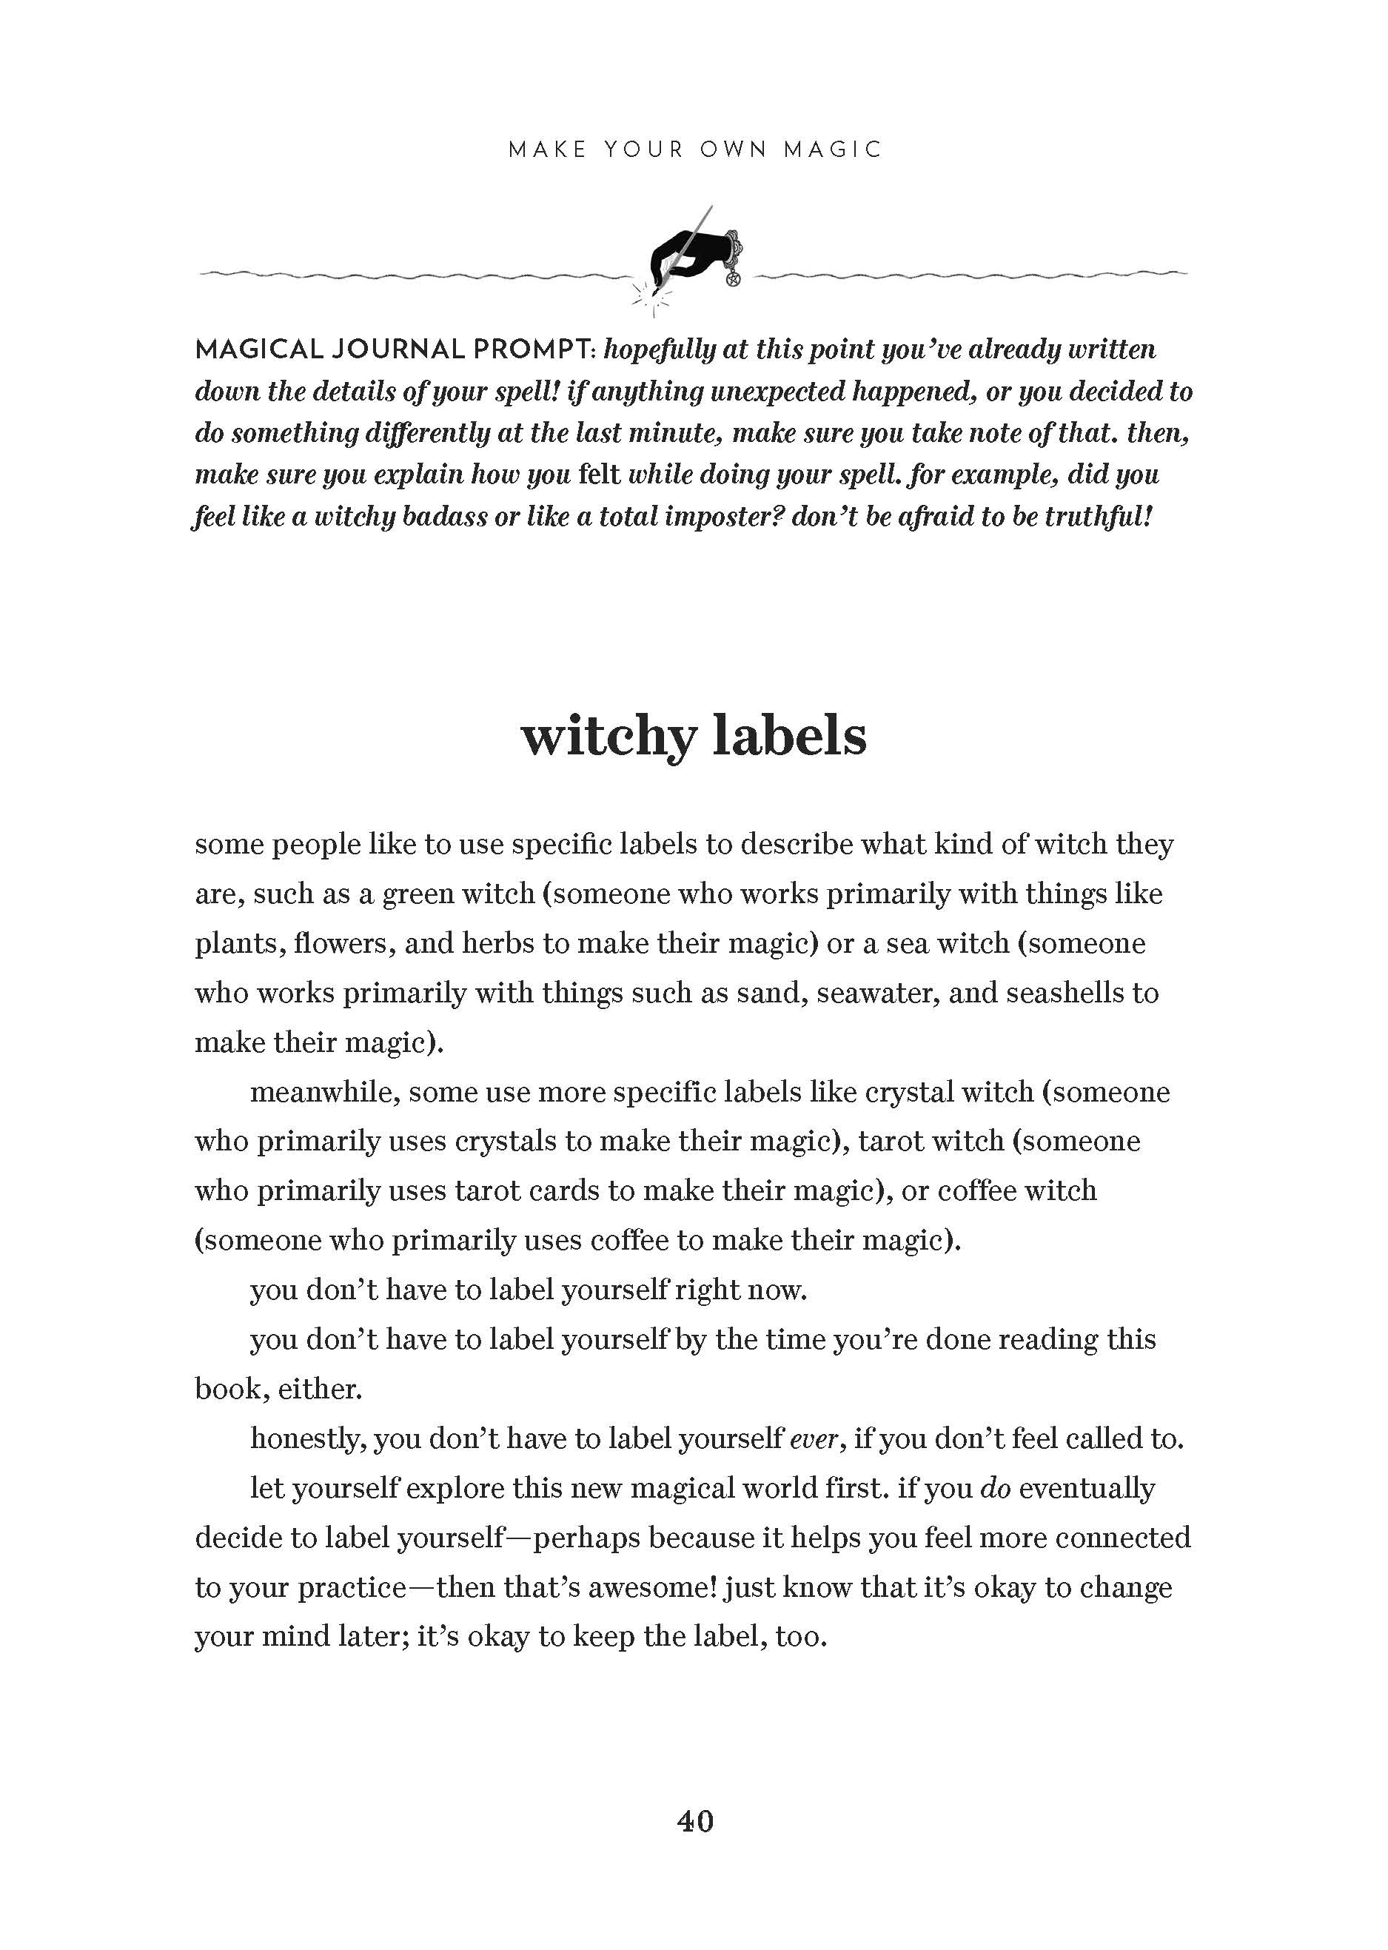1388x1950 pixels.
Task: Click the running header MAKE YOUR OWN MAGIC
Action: tap(694, 150)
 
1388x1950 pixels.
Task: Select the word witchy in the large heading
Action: tap(608, 736)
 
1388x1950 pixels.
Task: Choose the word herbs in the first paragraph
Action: tap(498, 943)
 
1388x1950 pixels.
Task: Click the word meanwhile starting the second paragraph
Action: tap(325, 1092)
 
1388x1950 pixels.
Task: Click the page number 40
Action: tap(695, 1821)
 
